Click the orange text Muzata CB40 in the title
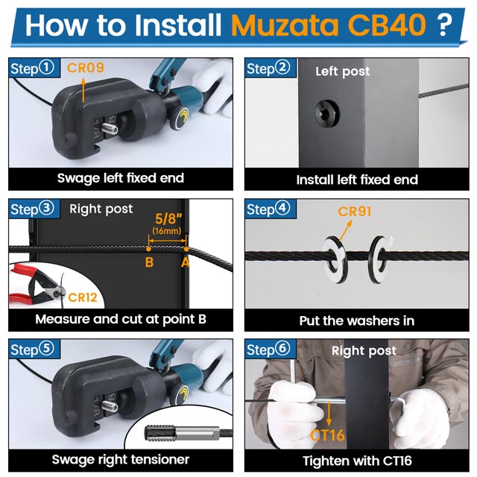(x=328, y=25)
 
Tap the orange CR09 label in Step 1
(x=86, y=68)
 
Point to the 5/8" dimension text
(x=168, y=218)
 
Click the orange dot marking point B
(x=148, y=249)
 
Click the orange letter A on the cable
(x=186, y=262)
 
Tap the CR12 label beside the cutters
(x=83, y=297)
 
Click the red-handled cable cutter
(x=36, y=284)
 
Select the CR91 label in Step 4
(x=355, y=212)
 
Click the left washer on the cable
(x=335, y=259)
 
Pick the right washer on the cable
(x=380, y=259)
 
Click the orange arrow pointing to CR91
(x=345, y=231)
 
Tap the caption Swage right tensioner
(x=121, y=459)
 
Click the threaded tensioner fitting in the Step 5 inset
(x=182, y=432)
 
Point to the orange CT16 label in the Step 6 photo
(x=327, y=435)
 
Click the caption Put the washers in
(x=357, y=321)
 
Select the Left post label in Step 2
(x=343, y=72)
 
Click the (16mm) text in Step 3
(x=167, y=230)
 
